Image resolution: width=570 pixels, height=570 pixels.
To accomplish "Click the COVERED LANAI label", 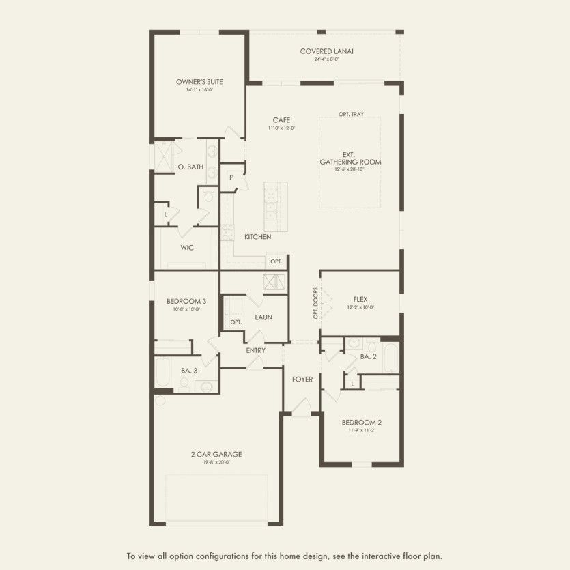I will click(x=326, y=51).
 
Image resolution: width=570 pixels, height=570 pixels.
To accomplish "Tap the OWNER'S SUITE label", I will click(x=199, y=82).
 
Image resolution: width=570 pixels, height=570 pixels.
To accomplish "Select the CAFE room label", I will click(x=280, y=119).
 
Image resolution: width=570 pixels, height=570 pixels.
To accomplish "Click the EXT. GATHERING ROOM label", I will click(x=350, y=158).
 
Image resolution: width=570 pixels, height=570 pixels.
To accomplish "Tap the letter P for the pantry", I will click(x=231, y=177).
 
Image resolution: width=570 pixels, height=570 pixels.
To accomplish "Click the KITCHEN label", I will click(x=258, y=237).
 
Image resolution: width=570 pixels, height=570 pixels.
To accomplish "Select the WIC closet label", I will click(x=188, y=247).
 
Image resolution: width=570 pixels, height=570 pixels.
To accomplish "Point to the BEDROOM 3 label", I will click(x=186, y=301).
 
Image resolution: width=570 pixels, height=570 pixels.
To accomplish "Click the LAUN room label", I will click(x=264, y=317).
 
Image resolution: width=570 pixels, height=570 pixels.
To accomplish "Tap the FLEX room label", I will click(x=361, y=299).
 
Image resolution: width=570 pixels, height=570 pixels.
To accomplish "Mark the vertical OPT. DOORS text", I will click(x=315, y=303).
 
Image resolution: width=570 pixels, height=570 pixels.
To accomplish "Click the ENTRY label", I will click(x=255, y=350).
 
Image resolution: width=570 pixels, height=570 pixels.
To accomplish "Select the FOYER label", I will click(x=302, y=380).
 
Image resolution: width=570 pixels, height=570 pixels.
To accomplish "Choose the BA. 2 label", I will click(x=368, y=356).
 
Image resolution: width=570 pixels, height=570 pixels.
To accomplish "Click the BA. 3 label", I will click(x=189, y=371).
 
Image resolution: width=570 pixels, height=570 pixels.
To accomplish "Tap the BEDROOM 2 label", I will click(x=362, y=422).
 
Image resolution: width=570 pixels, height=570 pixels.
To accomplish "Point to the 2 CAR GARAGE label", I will click(x=216, y=454).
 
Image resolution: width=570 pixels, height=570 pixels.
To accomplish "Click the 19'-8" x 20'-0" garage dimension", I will click(x=216, y=462).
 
